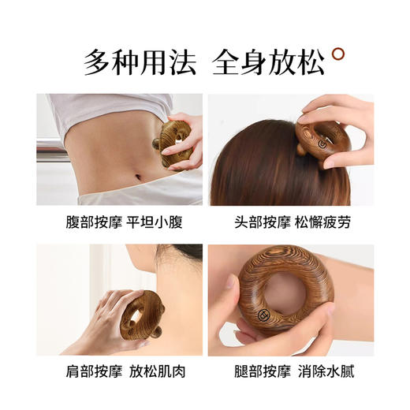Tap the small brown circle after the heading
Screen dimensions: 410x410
(x=339, y=54)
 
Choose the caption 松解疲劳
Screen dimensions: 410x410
(x=326, y=222)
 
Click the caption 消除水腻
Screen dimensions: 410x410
(x=326, y=371)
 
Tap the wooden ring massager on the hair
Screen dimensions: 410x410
(x=322, y=140)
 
